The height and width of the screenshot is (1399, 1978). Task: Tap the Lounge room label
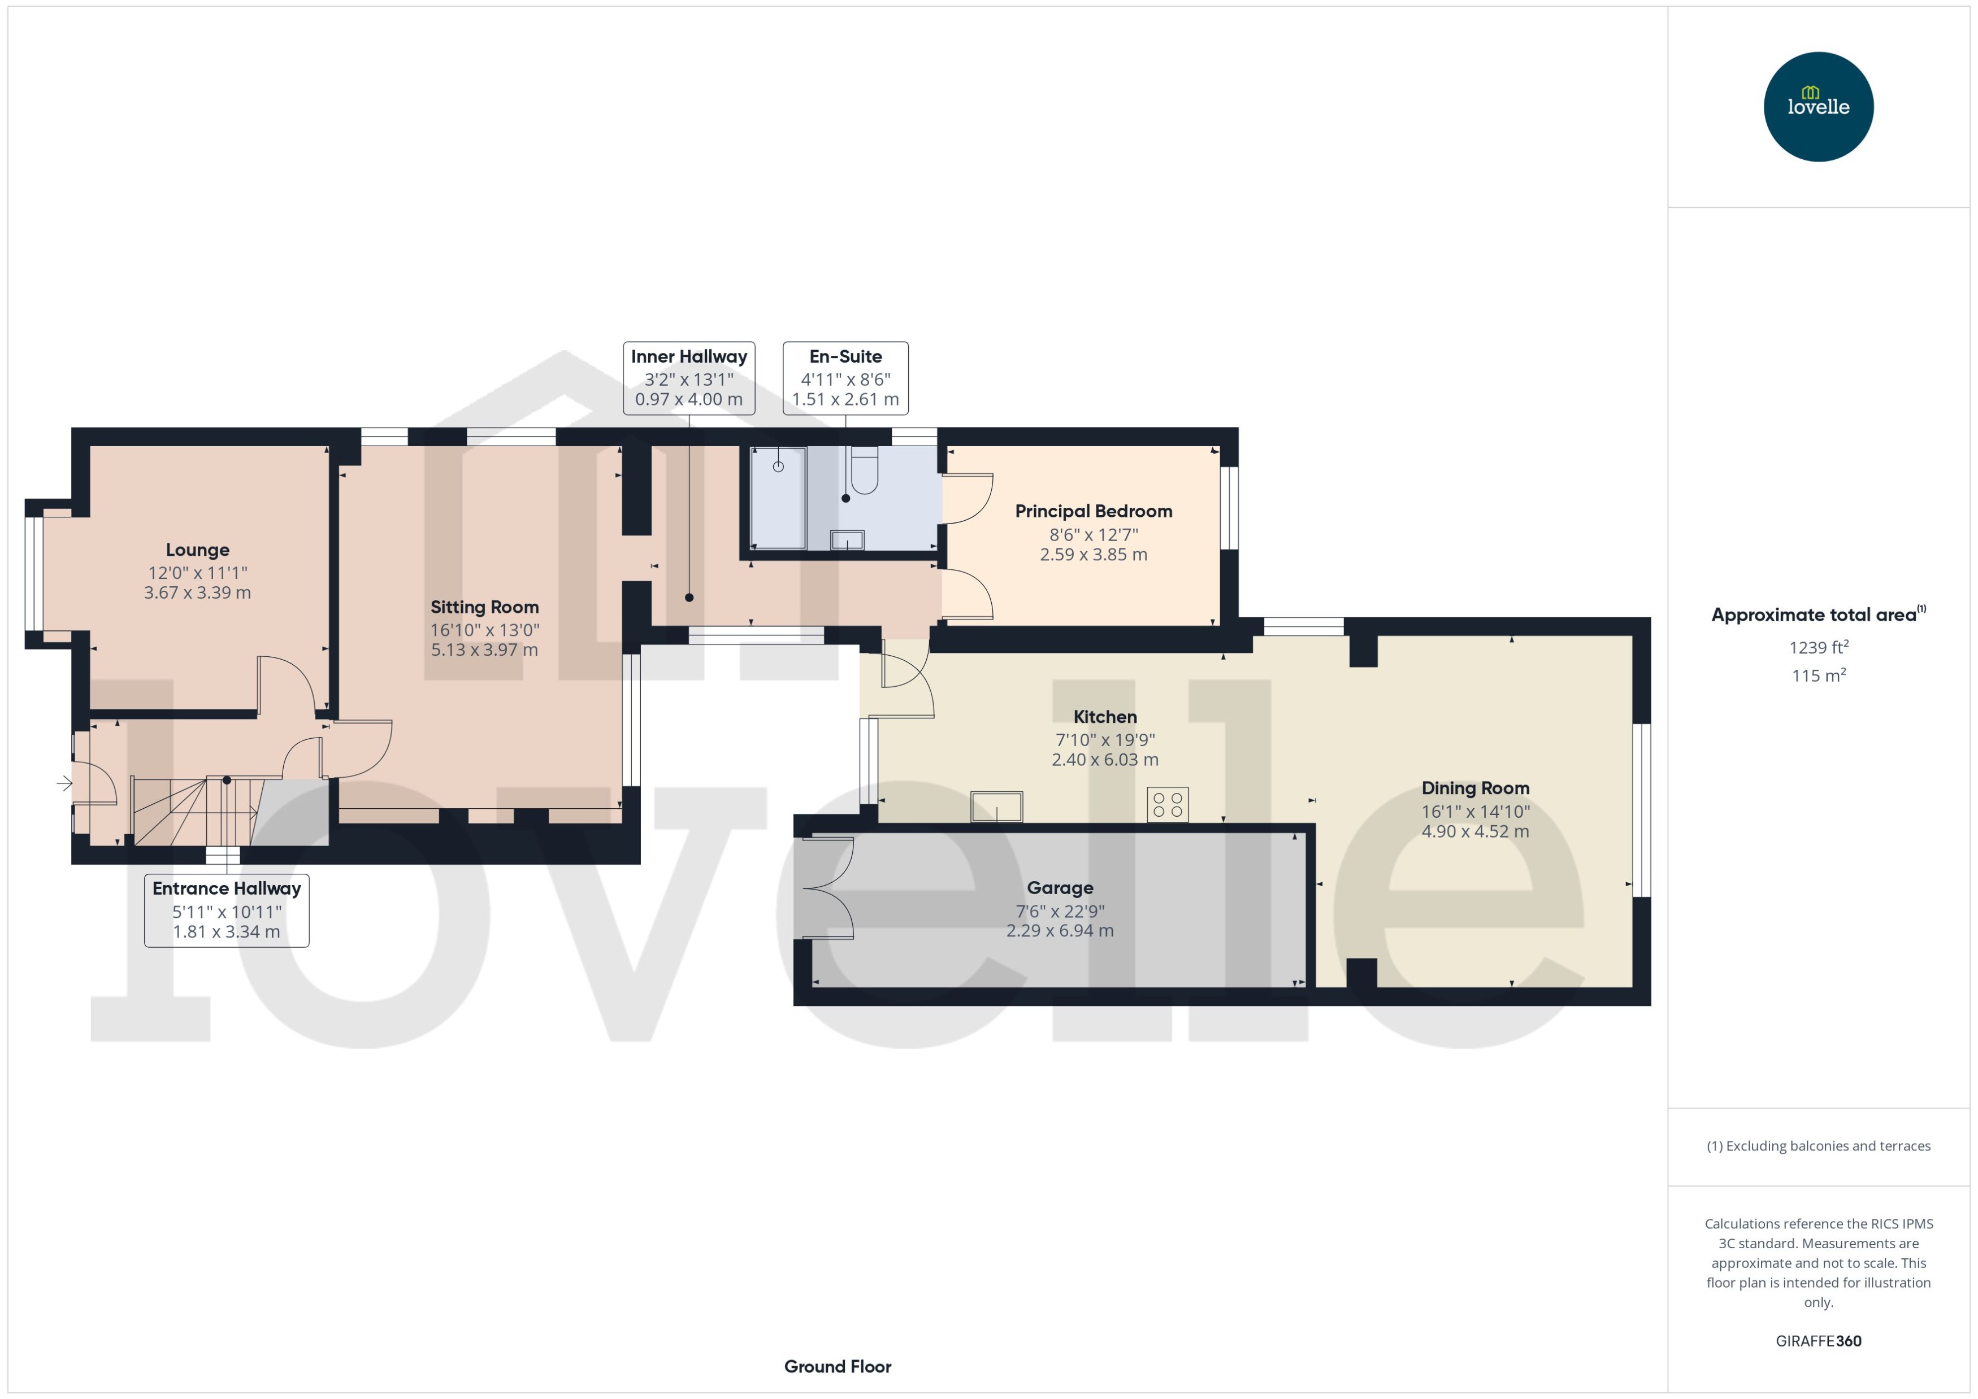point(197,550)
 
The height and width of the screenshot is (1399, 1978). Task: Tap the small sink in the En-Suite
point(847,540)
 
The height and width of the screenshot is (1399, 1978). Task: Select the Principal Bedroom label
point(1093,511)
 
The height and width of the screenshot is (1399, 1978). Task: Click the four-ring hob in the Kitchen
point(1167,805)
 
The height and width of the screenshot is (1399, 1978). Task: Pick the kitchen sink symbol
point(996,807)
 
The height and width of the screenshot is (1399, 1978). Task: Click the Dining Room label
point(1474,788)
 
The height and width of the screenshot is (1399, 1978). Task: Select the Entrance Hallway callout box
point(227,910)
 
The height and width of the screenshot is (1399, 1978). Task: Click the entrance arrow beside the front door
point(64,783)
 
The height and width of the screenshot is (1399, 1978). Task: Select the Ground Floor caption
point(837,1366)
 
